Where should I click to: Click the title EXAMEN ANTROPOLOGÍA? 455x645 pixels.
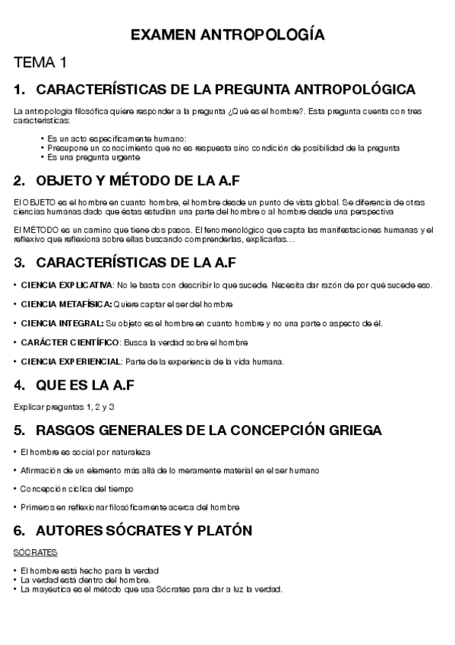227,36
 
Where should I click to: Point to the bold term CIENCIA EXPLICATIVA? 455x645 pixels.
66,285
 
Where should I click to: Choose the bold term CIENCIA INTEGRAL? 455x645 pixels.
62,323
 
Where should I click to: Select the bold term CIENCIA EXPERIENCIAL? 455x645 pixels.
71,361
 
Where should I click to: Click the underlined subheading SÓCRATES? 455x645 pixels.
36,553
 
